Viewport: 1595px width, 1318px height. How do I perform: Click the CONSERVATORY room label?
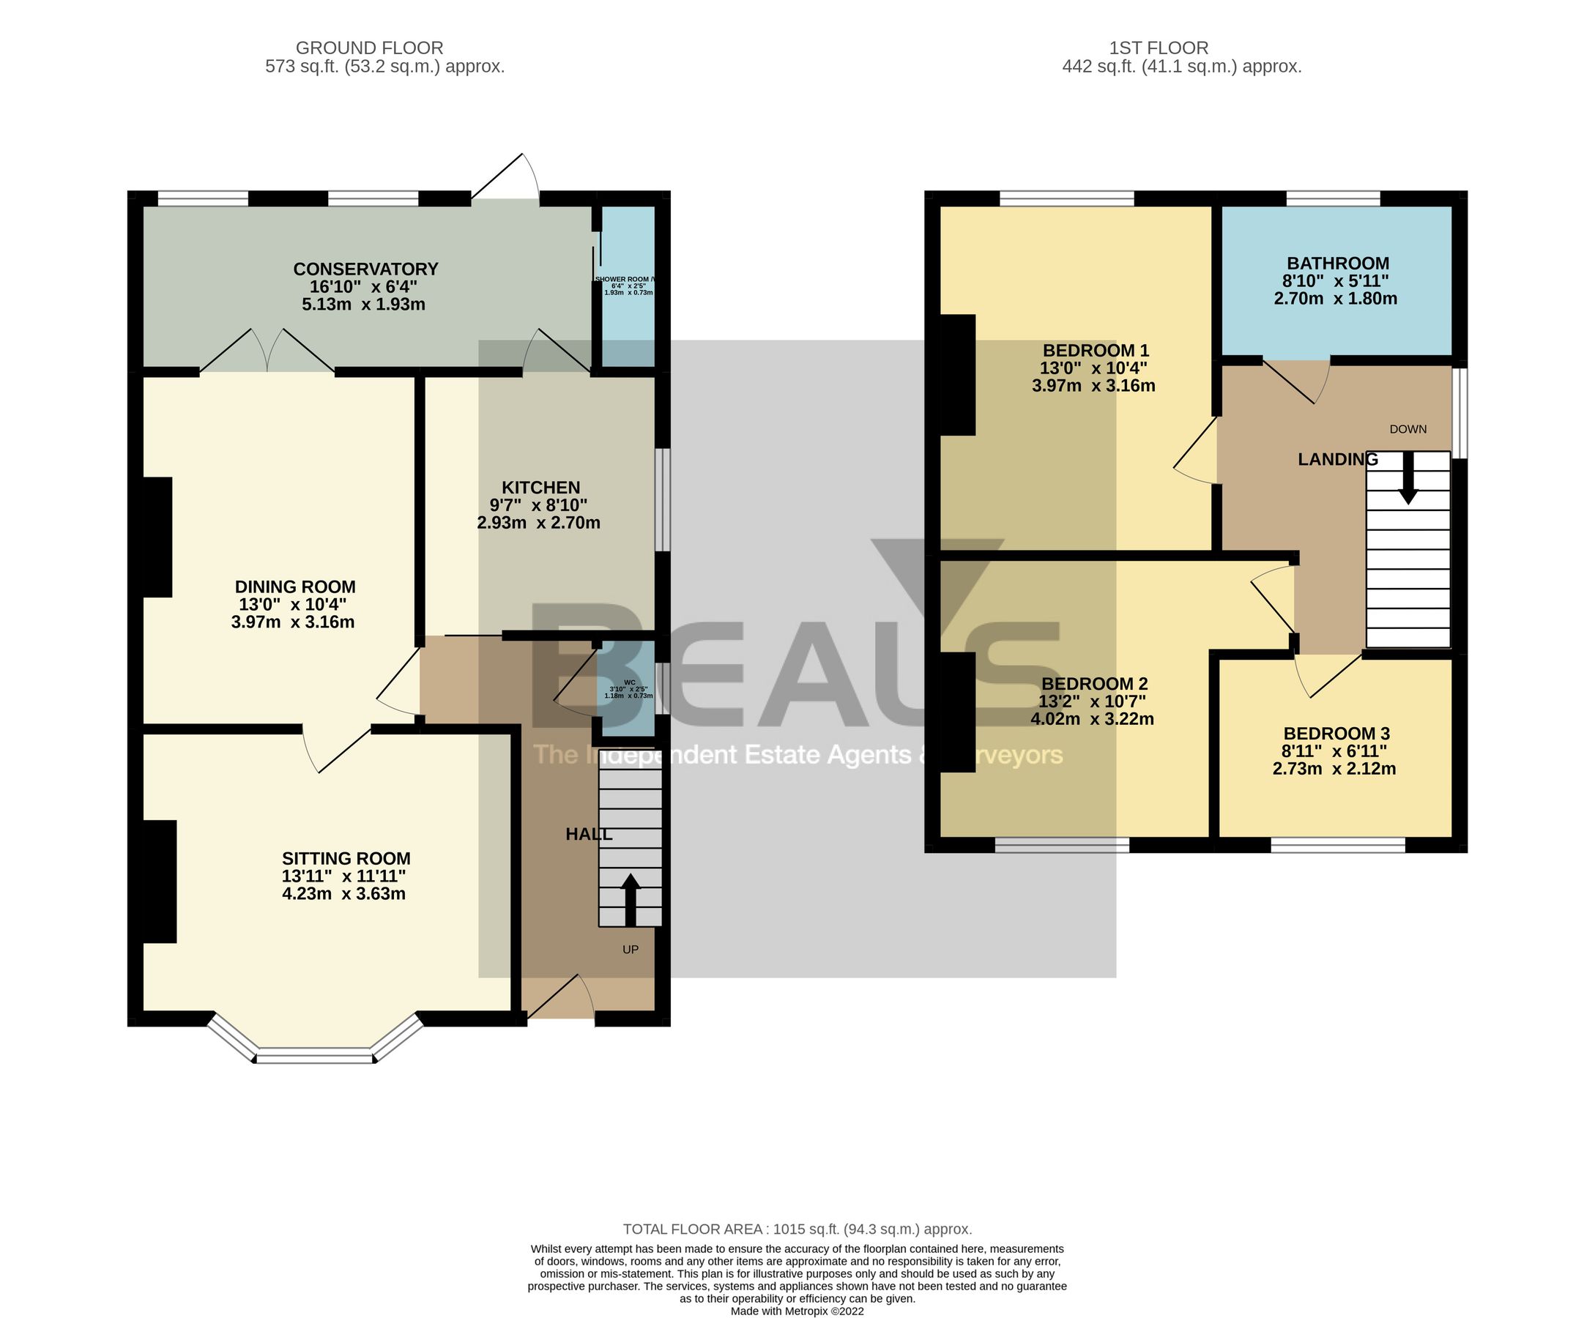[x=366, y=269]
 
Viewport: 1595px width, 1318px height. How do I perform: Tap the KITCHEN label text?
[x=540, y=488]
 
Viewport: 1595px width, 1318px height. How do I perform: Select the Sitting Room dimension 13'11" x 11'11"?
[x=346, y=876]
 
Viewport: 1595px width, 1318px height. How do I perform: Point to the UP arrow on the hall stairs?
[x=630, y=899]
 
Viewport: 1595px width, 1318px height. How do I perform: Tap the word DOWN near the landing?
[x=1408, y=429]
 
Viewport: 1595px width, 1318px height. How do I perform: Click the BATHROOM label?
[x=1338, y=264]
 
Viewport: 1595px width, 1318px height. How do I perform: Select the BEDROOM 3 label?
[x=1336, y=734]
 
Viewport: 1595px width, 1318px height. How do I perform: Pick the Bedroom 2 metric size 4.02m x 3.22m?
[x=1092, y=718]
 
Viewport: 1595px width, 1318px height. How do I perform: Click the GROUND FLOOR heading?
[x=369, y=48]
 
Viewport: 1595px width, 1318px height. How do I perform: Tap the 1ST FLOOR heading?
[x=1159, y=48]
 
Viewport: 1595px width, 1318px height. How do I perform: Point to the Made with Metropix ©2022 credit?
[x=797, y=1311]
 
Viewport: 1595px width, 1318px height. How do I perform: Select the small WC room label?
[x=629, y=682]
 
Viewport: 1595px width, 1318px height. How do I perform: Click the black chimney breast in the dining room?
[x=157, y=537]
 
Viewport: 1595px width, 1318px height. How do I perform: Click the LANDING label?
[x=1337, y=459]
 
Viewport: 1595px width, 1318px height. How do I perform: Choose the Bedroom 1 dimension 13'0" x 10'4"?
[x=1093, y=368]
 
